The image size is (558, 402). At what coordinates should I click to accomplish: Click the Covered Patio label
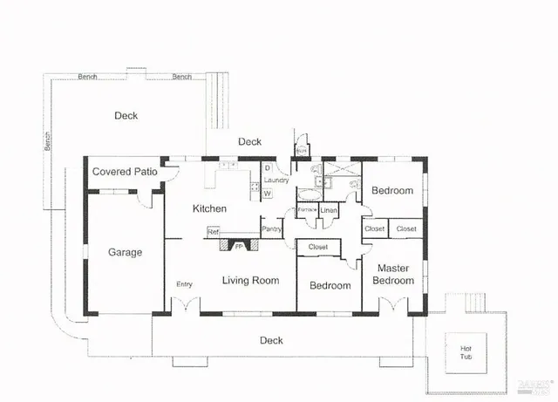tap(125, 172)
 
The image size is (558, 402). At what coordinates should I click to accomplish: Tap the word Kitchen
tap(210, 208)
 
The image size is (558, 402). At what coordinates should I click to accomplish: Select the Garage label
tap(125, 252)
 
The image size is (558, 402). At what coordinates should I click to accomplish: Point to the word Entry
tap(184, 284)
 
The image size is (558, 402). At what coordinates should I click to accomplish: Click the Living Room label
tap(250, 280)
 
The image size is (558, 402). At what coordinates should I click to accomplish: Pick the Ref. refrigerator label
tap(212, 231)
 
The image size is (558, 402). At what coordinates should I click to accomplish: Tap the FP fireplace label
tap(239, 247)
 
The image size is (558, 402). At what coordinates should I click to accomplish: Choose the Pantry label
tap(272, 228)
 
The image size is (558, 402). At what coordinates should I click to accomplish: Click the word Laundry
tap(276, 181)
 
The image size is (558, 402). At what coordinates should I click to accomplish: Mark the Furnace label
tap(307, 210)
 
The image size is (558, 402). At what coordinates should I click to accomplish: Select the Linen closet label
tap(329, 210)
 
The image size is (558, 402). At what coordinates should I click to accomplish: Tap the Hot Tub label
tap(466, 353)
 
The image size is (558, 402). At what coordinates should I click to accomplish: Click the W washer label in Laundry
tap(268, 193)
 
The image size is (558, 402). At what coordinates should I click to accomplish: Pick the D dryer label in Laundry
tap(267, 167)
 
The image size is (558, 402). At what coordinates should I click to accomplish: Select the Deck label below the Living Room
tap(272, 340)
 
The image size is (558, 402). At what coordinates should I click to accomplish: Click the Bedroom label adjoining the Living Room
tap(330, 285)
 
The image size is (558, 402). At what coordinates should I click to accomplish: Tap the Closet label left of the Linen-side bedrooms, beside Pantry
tap(317, 248)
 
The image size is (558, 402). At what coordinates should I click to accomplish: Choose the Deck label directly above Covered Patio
tap(126, 115)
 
